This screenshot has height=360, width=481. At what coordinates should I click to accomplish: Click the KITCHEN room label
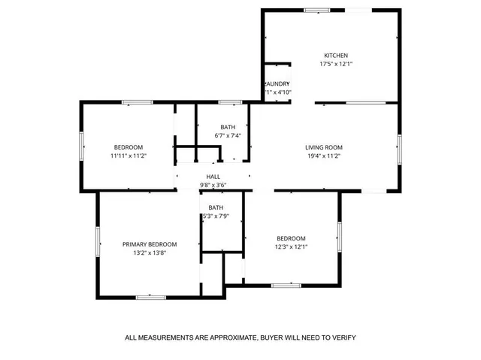[336, 55]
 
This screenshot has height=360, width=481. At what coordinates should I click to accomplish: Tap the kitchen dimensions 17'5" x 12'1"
[336, 64]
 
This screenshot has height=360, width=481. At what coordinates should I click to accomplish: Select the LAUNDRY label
[277, 83]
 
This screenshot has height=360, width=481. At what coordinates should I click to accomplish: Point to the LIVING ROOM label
[324, 147]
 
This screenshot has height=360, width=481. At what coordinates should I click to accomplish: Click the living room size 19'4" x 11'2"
[324, 156]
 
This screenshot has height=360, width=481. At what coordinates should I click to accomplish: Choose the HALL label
[213, 177]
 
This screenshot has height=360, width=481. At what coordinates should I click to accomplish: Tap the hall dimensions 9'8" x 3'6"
[213, 185]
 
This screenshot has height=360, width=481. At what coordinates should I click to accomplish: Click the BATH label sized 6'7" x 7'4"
[228, 127]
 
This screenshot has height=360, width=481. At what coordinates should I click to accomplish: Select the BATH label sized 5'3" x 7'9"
[216, 207]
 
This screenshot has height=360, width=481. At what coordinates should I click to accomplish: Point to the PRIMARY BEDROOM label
[150, 244]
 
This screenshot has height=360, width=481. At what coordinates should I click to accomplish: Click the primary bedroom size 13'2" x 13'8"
[150, 253]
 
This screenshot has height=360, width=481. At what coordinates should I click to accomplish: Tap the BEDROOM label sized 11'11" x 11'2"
[128, 147]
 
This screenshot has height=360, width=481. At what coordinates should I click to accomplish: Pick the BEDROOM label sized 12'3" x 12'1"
[290, 238]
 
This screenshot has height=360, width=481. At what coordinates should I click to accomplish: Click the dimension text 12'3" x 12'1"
[290, 247]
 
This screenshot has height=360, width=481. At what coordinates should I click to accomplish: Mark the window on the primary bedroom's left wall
[98, 242]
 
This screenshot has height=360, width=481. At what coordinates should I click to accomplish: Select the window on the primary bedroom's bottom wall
[151, 297]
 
